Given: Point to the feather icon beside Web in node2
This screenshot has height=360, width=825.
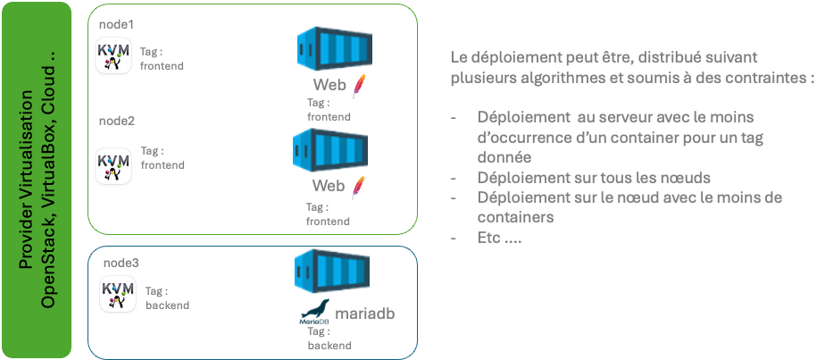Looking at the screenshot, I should pos(357,188).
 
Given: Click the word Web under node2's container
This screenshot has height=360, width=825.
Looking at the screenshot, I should pos(328,186).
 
